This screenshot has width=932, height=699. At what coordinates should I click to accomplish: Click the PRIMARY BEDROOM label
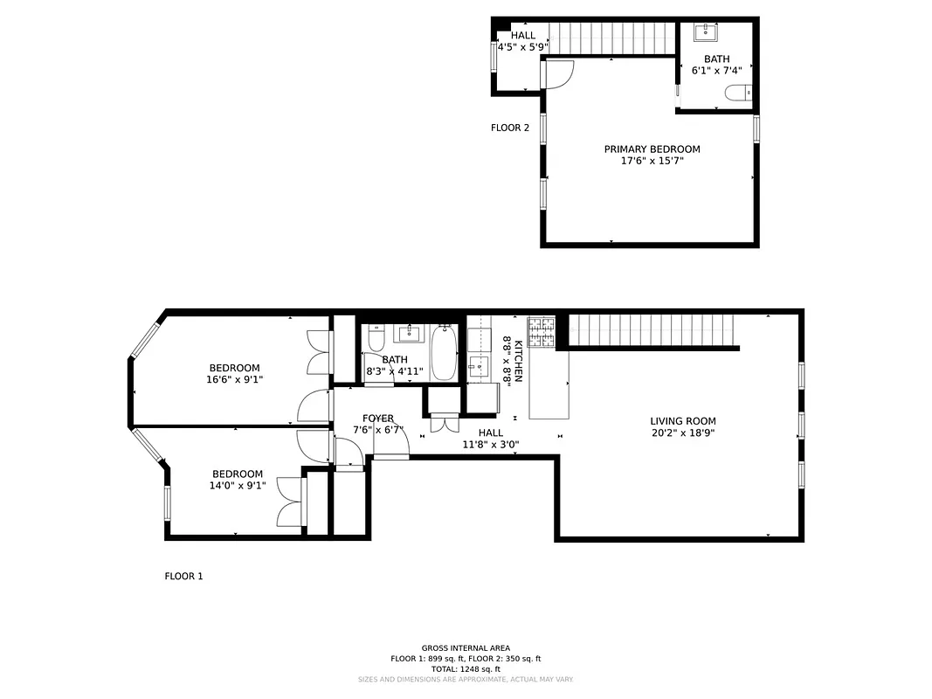coord(652,149)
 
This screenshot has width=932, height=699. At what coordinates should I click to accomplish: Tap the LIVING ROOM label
coord(682,420)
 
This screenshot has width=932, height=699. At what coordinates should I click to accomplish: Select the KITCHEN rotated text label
coord(518,361)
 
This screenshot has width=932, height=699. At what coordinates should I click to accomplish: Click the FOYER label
coord(378,419)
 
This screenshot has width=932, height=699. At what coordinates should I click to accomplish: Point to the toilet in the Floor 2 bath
coord(739,93)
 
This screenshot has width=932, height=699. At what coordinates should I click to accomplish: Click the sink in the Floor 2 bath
coord(706,33)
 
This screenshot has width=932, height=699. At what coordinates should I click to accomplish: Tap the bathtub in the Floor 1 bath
coord(444,352)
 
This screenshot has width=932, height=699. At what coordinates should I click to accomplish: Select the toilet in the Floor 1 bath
coord(375,337)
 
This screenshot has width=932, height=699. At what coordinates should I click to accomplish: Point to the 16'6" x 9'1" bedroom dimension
coord(234,380)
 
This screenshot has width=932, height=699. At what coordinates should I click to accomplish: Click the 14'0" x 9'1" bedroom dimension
coord(237,486)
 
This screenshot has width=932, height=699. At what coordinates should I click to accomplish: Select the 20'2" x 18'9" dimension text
coord(682,433)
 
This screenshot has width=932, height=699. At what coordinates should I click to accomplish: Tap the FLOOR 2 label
coord(510,128)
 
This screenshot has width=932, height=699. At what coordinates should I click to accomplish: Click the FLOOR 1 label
coord(183,577)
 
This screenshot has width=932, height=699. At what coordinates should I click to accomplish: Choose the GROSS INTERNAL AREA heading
coord(466,648)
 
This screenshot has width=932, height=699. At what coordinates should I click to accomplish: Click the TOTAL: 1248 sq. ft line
coord(466,669)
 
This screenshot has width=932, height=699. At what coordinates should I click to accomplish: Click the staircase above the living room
coord(653,331)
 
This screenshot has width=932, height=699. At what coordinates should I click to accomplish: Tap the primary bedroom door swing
coord(557,73)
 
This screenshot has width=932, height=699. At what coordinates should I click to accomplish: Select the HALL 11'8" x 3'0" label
coord(490,438)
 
